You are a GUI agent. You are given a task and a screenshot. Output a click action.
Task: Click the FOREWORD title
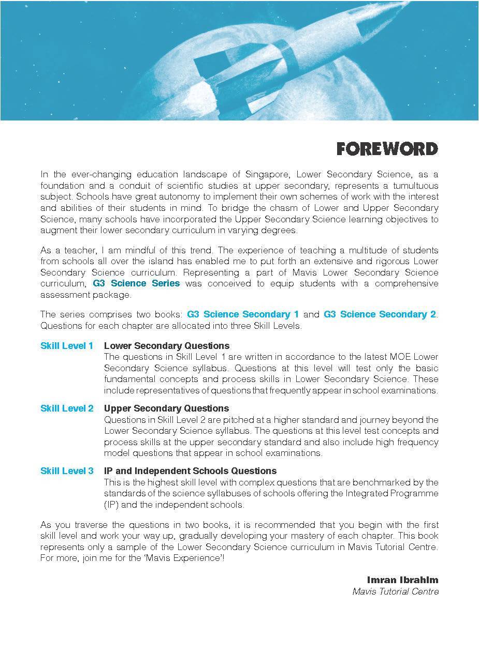[387, 149]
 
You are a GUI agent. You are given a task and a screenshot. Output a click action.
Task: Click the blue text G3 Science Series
[136, 283]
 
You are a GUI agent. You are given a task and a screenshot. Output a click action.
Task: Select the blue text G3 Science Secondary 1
[243, 314]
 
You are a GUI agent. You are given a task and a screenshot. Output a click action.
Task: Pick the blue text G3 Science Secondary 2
[380, 314]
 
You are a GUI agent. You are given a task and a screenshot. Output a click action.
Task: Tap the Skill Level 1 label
[67, 346]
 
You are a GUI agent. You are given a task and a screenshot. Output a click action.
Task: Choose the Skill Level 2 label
[67, 408]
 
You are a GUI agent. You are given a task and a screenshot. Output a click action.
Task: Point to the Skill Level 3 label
[67, 471]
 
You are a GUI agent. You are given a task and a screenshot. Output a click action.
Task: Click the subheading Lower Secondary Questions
[167, 346]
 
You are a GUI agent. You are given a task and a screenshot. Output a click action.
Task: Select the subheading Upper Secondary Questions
[166, 408]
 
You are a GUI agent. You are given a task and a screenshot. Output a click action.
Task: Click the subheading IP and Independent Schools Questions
[190, 471]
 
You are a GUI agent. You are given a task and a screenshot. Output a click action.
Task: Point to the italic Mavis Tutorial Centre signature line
[395, 591]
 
